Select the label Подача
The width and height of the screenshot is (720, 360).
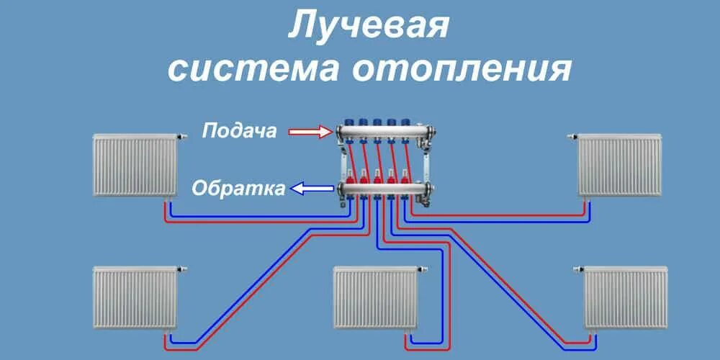[x=240, y=132]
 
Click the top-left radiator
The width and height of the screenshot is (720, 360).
[x=135, y=166]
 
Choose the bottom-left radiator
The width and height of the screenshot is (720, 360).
[x=135, y=297]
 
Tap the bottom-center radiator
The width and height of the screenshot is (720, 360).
[x=375, y=297]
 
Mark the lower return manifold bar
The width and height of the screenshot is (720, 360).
[x=382, y=190]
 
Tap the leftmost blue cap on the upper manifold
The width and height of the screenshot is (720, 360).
[x=351, y=122]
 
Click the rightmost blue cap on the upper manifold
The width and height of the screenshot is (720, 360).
[x=406, y=122]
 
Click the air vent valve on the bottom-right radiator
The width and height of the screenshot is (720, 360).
[x=576, y=269]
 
